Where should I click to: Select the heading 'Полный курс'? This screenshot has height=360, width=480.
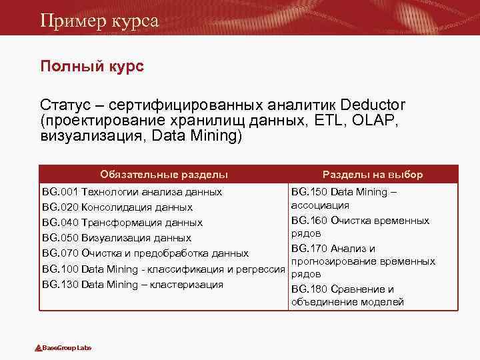(92, 67)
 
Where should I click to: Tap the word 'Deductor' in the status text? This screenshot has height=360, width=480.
(372, 105)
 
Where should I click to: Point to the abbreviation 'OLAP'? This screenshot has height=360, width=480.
(378, 121)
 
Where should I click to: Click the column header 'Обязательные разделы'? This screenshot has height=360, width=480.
(164, 174)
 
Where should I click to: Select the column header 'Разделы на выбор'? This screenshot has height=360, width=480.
(373, 174)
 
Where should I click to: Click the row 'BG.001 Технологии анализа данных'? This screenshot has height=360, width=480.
(132, 192)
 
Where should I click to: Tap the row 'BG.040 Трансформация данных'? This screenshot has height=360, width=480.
(122, 223)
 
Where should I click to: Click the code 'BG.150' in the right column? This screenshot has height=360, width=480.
(310, 192)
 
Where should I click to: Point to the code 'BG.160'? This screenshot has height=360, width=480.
(310, 221)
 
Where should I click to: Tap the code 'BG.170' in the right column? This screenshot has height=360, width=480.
(310, 249)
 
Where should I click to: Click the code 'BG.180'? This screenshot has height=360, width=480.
(310, 289)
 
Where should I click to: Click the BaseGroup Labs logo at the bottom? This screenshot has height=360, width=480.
(63, 348)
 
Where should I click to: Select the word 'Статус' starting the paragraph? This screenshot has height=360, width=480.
(62, 105)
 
